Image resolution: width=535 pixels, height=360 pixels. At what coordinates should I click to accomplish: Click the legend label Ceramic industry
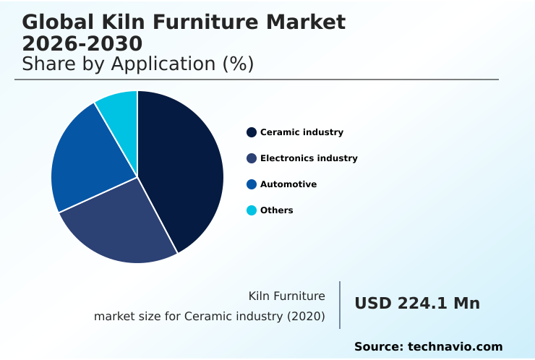[301, 132]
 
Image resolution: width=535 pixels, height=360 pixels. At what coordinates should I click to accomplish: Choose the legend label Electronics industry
[309, 158]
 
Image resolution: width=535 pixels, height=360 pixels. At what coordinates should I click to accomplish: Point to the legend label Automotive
[288, 184]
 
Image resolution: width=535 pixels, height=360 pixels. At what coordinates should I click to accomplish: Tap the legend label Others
[277, 210]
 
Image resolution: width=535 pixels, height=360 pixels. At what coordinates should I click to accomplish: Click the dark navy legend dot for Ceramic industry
[252, 132]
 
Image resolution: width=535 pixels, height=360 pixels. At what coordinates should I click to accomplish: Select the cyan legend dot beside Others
[252, 210]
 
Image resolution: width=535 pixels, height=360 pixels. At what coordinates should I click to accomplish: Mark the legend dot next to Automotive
[252, 184]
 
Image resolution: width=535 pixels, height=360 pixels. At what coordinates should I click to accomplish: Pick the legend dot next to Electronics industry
[252, 158]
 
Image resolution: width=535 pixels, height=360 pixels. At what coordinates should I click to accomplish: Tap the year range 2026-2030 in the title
[82, 43]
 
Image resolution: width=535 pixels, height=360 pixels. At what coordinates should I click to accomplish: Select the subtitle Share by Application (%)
[137, 64]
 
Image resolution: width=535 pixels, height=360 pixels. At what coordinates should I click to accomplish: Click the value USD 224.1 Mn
[416, 304]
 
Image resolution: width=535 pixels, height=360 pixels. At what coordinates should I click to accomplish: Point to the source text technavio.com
[455, 347]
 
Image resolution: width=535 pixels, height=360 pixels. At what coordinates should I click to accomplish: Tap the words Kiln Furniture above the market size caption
[286, 296]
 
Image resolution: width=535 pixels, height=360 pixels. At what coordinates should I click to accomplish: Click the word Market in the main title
[307, 22]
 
